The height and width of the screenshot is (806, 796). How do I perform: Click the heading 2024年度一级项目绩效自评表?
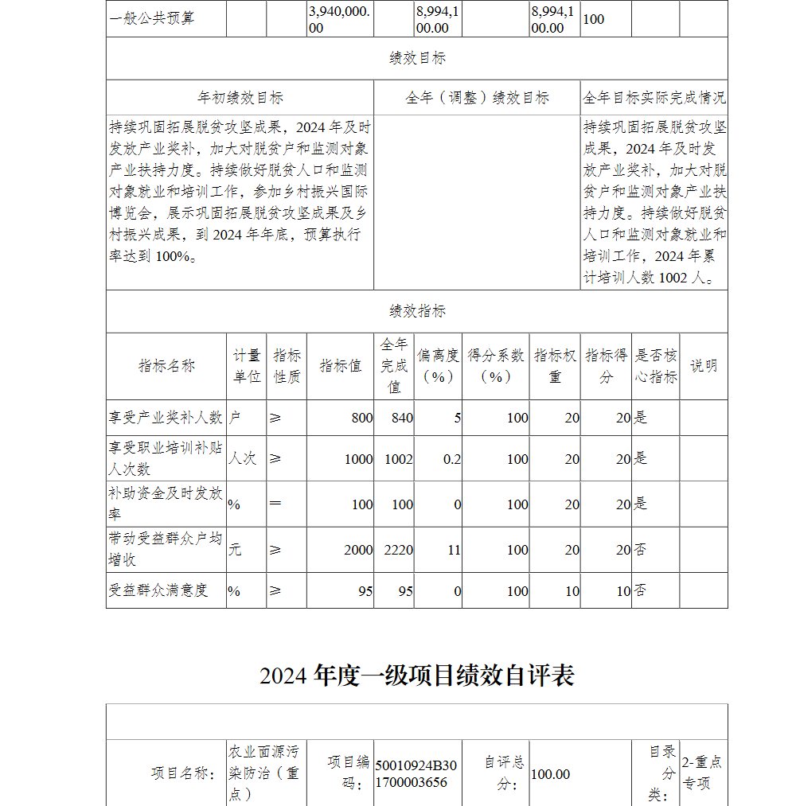coord(416,676)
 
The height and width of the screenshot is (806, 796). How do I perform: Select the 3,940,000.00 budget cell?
coord(340,19)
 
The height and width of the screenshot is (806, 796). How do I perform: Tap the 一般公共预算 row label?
coord(152,18)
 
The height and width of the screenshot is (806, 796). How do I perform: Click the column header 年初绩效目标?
coord(240,98)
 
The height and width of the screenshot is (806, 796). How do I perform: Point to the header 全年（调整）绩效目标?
coord(477,98)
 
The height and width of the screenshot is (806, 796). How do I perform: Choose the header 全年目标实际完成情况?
coord(654,98)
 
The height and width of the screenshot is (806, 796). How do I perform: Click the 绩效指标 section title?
coord(417,311)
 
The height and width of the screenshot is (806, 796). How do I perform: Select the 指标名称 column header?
coord(166,366)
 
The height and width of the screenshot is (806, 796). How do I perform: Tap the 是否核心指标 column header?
coord(655,366)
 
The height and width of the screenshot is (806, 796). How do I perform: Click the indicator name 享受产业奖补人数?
coord(166,418)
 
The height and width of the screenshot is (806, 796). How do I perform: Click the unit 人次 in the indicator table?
coord(242,459)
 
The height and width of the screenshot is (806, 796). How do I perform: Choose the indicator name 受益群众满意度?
coord(158,590)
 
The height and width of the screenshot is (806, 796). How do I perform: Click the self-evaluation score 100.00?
coord(551,774)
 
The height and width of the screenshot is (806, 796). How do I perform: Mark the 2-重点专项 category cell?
coord(702,773)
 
